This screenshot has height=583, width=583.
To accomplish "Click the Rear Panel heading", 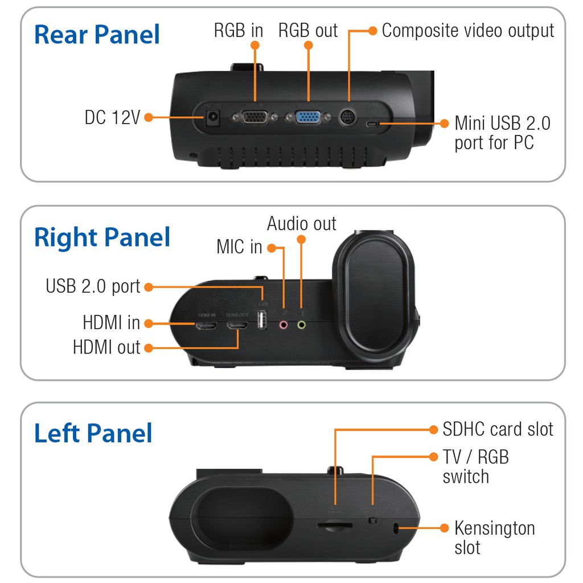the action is tap(97, 35).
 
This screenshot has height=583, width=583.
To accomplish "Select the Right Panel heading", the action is tap(102, 237).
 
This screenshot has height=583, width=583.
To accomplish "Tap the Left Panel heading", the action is tap(93, 433).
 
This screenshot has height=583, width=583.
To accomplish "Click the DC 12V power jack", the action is tap(214, 118).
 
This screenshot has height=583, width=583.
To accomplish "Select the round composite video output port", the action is tap(348, 118).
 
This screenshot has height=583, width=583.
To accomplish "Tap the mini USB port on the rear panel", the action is tap(373, 124).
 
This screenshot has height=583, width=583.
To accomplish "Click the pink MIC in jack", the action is tap(284, 325).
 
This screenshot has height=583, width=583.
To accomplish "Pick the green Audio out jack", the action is tap(302, 325).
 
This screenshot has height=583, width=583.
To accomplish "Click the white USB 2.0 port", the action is tap(262, 322).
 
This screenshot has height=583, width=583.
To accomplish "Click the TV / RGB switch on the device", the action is tap(372, 520).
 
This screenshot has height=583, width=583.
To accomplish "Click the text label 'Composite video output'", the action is tap(467, 30).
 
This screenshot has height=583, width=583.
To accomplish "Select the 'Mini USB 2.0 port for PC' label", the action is tap(502, 133).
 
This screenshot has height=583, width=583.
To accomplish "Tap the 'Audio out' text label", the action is tap(302, 223).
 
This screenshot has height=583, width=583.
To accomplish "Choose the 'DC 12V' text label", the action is tap(112, 117).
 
